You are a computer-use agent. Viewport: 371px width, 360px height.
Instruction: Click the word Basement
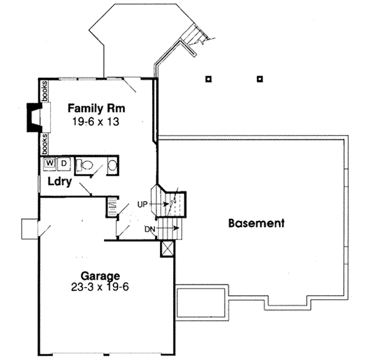255,223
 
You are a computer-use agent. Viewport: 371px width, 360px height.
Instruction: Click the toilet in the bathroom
86,165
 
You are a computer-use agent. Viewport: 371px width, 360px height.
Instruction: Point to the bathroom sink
111,165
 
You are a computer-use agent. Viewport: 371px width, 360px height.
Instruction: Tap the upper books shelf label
45,91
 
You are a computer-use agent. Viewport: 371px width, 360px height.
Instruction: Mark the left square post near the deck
209,79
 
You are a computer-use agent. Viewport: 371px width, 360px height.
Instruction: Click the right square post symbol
260,79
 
